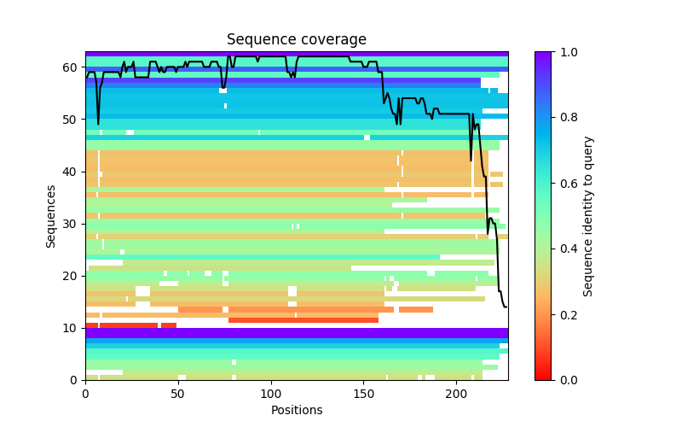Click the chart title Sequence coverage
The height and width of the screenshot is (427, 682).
point(296,39)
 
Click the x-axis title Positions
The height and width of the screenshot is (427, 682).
point(296,410)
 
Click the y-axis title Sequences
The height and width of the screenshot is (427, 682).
point(51,215)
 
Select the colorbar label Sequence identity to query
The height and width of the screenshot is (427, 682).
point(588,215)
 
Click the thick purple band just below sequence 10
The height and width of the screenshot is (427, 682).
point(296,333)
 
